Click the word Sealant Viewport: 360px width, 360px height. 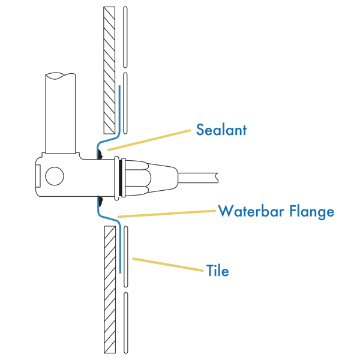point(221,130)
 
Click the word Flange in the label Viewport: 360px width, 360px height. point(312,211)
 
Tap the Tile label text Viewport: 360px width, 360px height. point(218,271)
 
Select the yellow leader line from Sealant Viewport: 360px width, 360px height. point(150,140)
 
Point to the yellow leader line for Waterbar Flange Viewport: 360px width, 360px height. point(168,214)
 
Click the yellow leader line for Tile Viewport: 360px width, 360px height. point(168,265)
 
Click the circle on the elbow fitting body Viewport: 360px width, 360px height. point(55,176)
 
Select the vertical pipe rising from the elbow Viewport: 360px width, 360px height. point(61,114)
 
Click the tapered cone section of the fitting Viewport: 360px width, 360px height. point(162,177)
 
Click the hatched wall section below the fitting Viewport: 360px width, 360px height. point(109,288)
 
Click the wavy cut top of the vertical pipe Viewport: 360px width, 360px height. point(61,76)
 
